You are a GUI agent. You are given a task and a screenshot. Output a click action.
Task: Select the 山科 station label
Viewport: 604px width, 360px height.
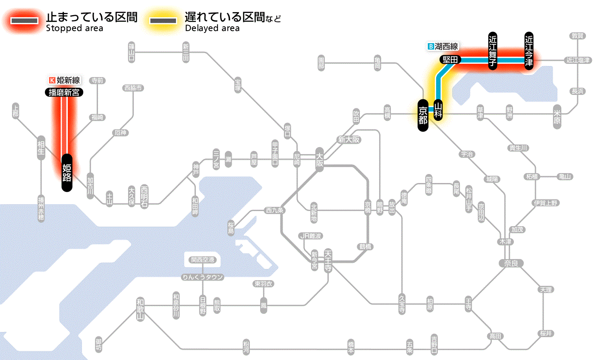[438, 110]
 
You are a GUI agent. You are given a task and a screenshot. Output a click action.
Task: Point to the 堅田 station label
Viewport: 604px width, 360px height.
[450, 60]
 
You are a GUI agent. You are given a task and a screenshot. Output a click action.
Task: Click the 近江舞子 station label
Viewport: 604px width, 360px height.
[493, 51]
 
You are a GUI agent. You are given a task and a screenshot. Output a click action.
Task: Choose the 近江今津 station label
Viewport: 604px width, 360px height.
[529, 51]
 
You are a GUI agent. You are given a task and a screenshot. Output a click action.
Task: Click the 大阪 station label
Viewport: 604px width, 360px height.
[319, 160]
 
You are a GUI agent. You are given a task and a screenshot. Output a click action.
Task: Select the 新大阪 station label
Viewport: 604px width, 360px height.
[349, 139]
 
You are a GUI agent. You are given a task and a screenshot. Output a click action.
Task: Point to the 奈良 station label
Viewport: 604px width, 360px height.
[510, 263]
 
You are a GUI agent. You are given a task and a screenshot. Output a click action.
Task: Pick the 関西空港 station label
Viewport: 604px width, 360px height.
[203, 260]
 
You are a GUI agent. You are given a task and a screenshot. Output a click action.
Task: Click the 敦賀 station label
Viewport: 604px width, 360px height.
[578, 36]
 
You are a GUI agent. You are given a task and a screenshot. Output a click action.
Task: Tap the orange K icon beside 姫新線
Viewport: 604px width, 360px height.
[53, 80]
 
